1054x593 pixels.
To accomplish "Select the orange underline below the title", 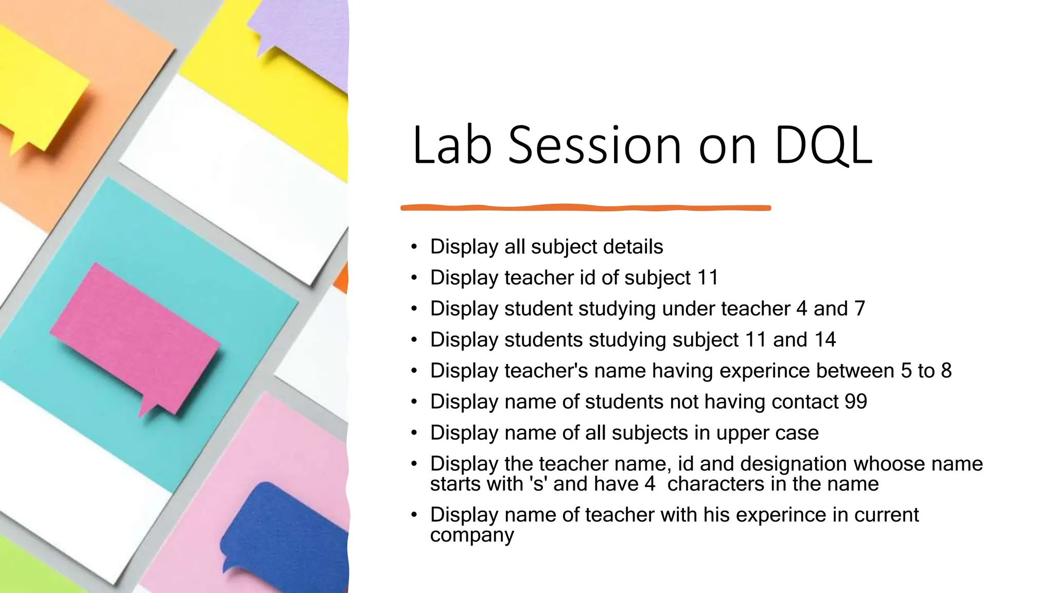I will [586, 207].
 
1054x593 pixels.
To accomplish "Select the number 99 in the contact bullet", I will [855, 402].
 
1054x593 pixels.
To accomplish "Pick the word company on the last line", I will [472, 535].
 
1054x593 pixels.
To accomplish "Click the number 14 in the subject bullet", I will [825, 340].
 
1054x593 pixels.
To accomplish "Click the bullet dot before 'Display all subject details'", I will [414, 247].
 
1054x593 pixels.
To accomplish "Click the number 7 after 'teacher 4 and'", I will [859, 309].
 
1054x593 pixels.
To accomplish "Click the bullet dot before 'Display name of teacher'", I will [414, 515].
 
